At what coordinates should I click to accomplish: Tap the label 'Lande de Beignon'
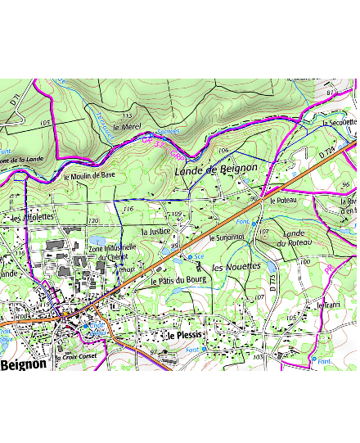click(216, 169)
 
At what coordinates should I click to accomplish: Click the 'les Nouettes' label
click(236, 268)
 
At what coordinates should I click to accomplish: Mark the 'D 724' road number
click(326, 153)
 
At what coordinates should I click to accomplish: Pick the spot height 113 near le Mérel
click(127, 116)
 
